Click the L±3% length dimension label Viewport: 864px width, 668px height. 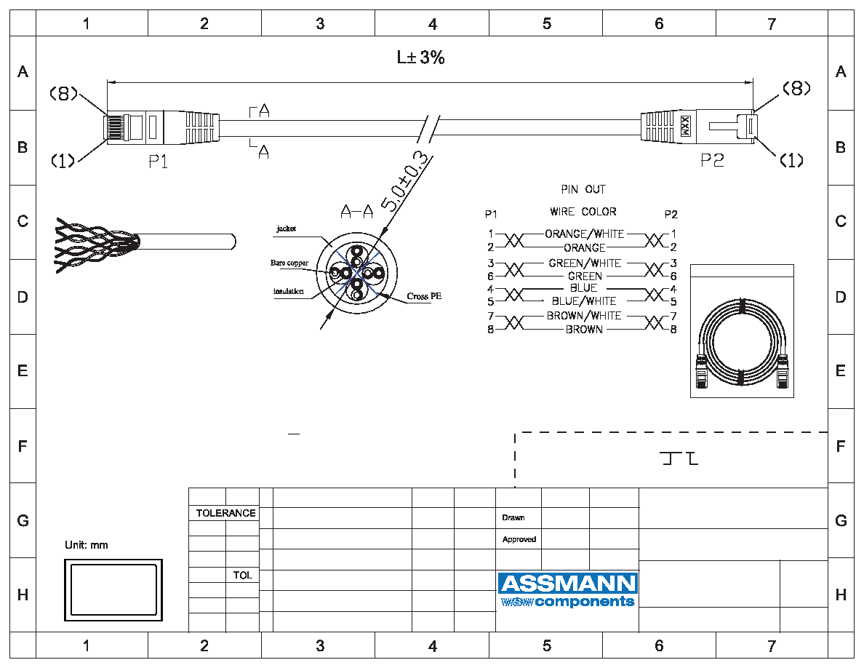point(420,57)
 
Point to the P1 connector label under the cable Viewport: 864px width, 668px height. point(158,162)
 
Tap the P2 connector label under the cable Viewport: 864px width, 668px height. point(712,160)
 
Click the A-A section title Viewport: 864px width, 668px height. point(356,211)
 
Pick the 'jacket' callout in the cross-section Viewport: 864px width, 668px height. point(286,228)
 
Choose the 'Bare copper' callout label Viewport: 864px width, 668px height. point(289,263)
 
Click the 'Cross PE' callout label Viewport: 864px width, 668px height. point(424,296)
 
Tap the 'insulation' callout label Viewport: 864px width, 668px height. point(288,291)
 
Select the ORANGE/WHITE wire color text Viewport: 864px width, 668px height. point(585,234)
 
